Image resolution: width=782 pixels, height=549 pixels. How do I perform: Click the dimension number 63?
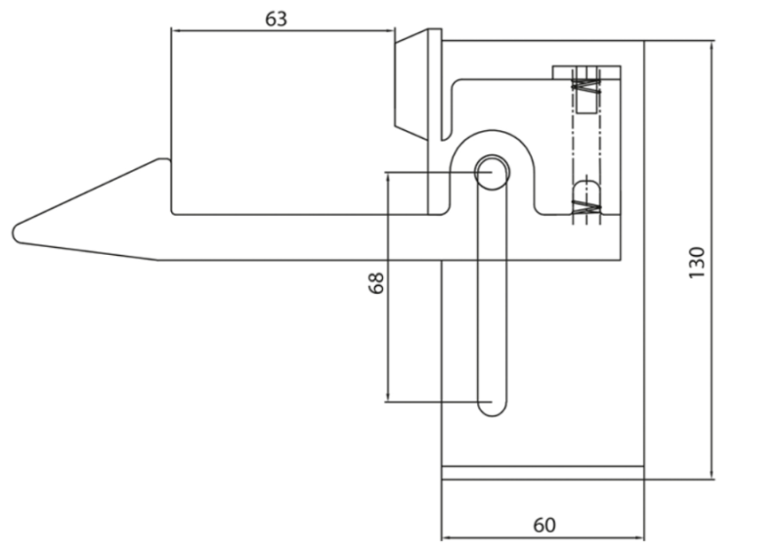tap(276, 19)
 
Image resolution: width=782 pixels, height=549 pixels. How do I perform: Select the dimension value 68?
tap(376, 283)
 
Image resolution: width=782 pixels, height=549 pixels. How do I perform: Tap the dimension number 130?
tap(697, 263)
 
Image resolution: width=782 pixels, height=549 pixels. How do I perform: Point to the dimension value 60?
tap(544, 525)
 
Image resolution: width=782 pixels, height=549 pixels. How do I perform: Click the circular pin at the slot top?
tap(493, 172)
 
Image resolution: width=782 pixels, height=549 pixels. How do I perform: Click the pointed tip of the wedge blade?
tap(14, 233)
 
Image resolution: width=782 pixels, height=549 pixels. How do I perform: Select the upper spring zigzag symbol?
tap(586, 87)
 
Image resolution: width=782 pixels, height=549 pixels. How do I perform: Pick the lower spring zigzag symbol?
tap(586, 207)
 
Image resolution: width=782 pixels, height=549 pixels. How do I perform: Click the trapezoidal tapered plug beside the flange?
tap(411, 85)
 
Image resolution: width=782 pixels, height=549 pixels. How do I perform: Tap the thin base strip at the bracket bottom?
tap(543, 473)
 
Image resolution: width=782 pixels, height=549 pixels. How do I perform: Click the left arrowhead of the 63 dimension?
tap(175, 31)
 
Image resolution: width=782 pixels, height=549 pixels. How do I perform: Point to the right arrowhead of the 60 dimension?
tap(640, 538)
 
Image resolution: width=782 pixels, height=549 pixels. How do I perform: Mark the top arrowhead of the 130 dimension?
tap(712, 45)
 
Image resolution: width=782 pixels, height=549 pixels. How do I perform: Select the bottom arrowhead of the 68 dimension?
tap(387, 397)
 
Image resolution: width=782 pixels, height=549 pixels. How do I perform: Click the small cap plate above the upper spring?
tap(586, 72)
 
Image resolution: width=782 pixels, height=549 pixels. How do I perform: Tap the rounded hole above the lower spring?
tap(586, 191)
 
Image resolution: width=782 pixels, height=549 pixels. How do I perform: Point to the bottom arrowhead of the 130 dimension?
tap(712, 475)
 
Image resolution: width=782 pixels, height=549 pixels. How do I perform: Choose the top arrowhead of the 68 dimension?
tap(387, 178)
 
